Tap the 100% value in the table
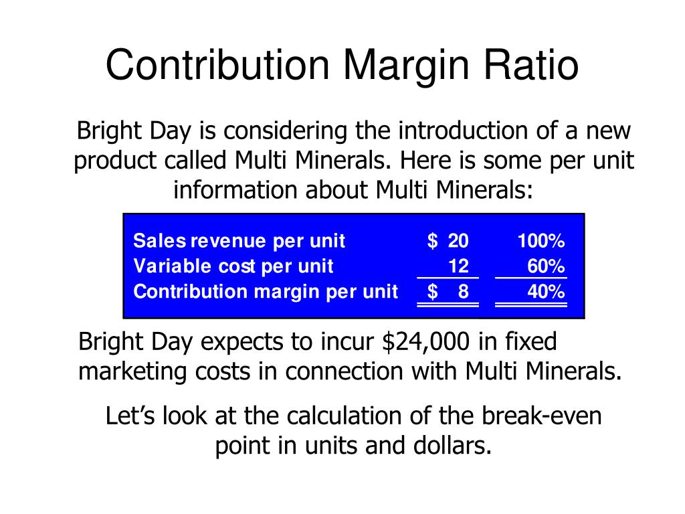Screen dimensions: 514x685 tap(541, 241)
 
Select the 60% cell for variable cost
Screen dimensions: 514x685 tap(546, 266)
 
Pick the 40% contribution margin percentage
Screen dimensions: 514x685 tap(546, 292)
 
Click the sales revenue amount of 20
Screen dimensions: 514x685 tap(458, 241)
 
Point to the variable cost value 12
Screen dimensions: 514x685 tap(458, 266)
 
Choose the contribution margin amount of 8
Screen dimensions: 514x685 tap(464, 292)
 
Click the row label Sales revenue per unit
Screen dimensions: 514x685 tap(239, 241)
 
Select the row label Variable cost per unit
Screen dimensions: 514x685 tap(233, 266)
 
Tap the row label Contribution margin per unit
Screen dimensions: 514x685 tap(265, 292)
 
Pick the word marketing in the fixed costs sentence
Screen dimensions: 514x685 tap(131, 371)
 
